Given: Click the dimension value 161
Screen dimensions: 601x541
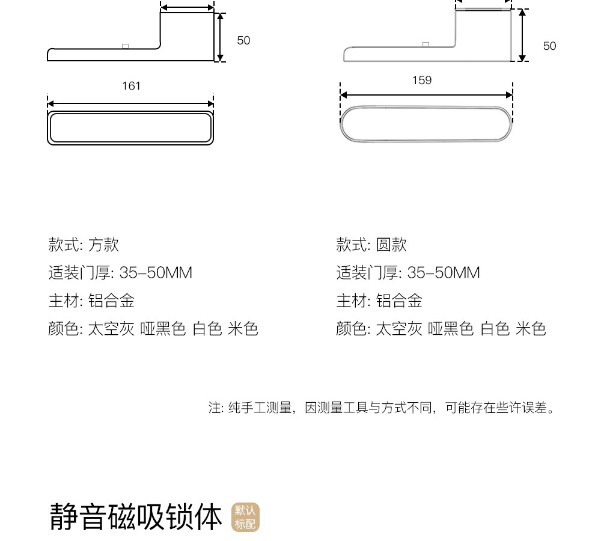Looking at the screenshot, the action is (x=131, y=86).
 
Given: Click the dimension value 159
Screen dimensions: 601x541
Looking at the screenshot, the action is (x=422, y=81).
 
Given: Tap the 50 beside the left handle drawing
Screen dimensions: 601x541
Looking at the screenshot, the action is (x=243, y=40).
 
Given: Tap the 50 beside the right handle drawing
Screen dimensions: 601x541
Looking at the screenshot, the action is (x=549, y=46).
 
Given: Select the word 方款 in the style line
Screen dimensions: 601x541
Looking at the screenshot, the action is (x=103, y=245).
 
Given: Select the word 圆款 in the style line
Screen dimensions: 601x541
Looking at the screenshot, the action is (x=391, y=245).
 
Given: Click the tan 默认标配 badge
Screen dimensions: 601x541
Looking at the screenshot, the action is (x=245, y=518).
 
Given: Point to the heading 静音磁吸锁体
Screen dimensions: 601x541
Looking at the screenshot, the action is (x=136, y=517).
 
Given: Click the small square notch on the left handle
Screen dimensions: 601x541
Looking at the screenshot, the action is (x=125, y=46).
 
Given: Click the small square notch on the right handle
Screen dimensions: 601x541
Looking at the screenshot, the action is (x=426, y=44).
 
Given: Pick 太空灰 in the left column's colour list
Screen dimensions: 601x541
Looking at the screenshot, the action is (x=111, y=329).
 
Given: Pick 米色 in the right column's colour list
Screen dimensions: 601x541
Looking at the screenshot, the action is (x=531, y=329).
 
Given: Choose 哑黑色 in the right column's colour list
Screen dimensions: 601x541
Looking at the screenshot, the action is (x=451, y=329).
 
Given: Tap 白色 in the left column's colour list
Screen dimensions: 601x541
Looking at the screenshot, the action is (x=207, y=329).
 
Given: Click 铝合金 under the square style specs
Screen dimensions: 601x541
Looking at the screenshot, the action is (x=111, y=301).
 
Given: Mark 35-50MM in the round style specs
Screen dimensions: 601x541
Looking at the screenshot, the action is (x=444, y=273).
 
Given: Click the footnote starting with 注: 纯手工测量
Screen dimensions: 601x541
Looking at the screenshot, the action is (x=381, y=408).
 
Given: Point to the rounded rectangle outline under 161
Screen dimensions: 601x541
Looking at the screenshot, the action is (x=130, y=127).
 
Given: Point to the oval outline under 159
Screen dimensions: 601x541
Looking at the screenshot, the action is (x=426, y=123).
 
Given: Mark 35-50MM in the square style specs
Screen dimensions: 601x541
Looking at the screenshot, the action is (x=156, y=273).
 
